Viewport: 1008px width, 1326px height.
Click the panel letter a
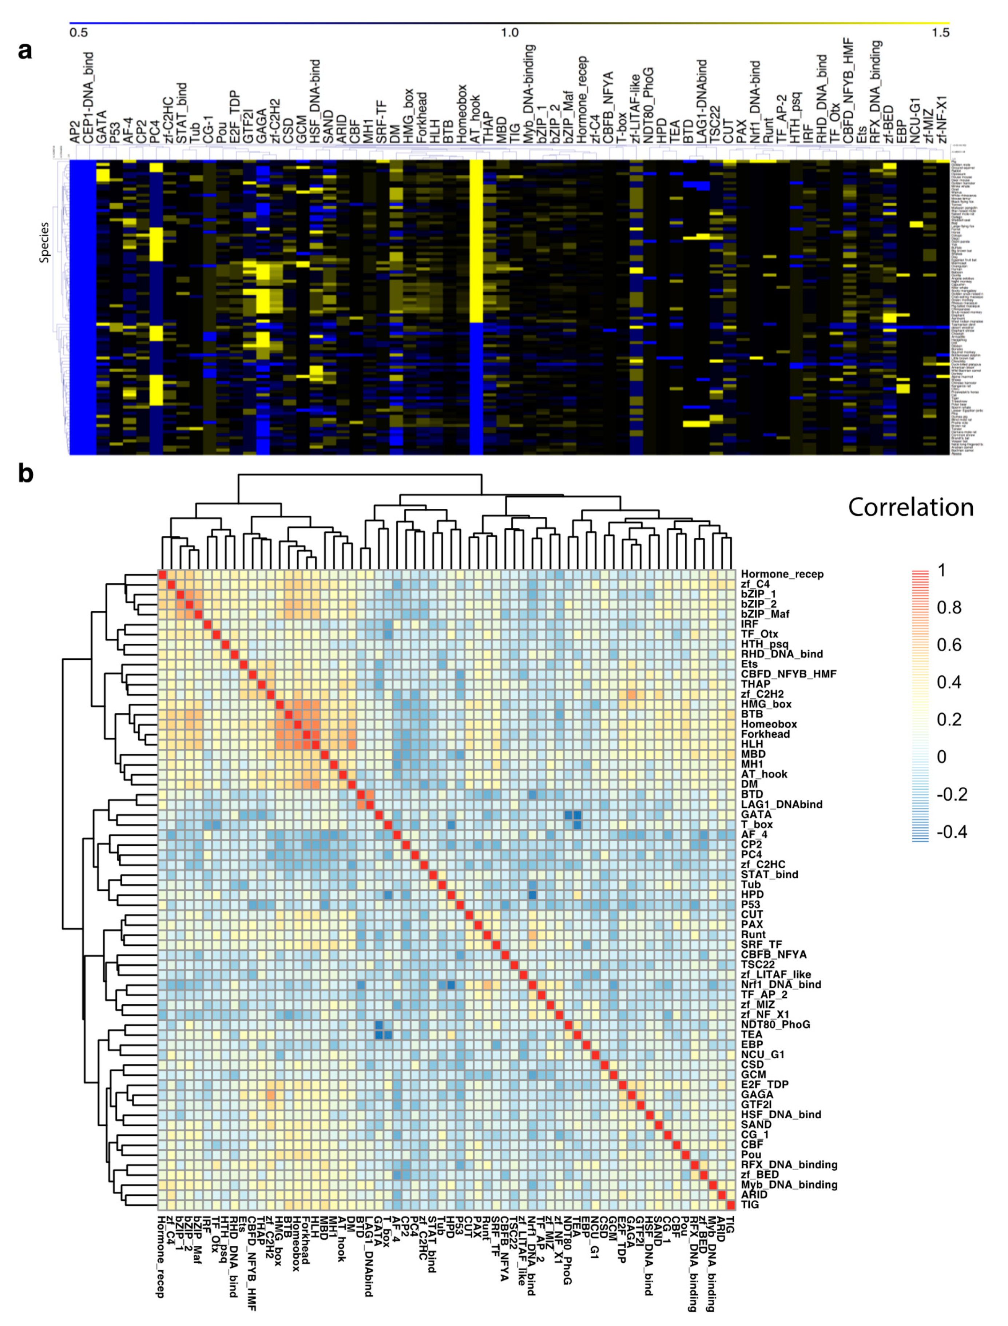[x=25, y=51]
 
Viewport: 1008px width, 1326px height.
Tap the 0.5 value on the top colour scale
[x=79, y=32]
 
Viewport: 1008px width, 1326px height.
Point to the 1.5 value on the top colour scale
[x=941, y=32]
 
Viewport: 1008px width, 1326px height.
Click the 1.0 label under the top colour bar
[x=509, y=32]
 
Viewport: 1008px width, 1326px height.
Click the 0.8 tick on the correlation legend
[x=949, y=608]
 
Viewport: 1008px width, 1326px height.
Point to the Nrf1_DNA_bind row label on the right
[x=781, y=985]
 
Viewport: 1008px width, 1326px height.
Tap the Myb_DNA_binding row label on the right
[x=789, y=1184]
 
